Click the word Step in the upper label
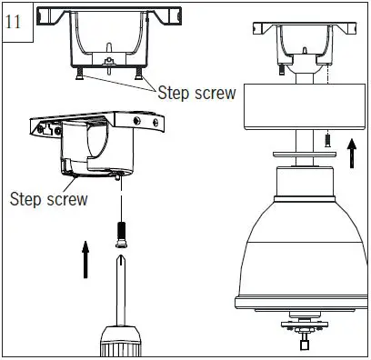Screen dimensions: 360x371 click(175, 92)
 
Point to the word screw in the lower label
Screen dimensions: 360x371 click(66, 199)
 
